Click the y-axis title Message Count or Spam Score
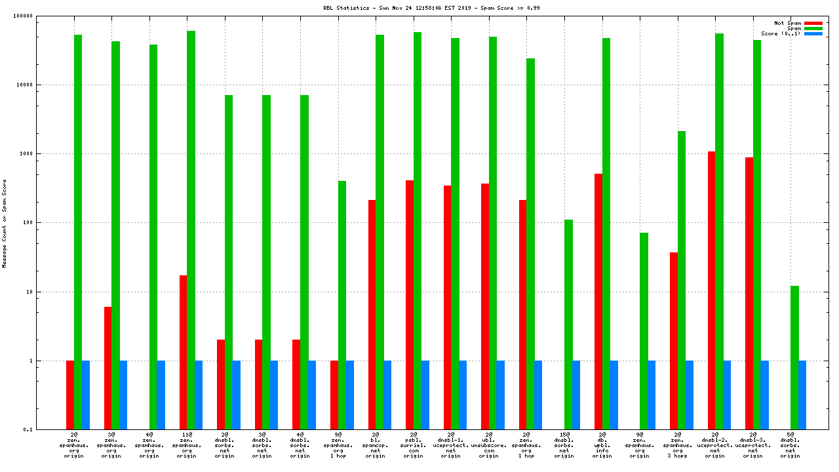[x=5, y=223]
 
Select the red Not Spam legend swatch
[x=813, y=23]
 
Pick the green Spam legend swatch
[x=813, y=28]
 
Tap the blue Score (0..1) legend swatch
[x=813, y=33]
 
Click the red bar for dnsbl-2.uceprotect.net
[x=711, y=290]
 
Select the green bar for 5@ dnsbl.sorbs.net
[x=794, y=357]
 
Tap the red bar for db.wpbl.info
[x=598, y=302]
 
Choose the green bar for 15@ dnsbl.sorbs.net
[x=568, y=324]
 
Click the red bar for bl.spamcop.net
[x=372, y=315]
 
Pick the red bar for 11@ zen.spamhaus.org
[x=183, y=352]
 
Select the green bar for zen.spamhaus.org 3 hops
[x=682, y=280]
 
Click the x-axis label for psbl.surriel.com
[x=413, y=444]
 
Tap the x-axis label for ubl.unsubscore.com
[x=489, y=444]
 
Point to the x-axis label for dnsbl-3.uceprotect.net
[x=752, y=444]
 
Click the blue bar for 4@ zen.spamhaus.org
[x=161, y=395]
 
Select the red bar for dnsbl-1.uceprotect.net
[x=447, y=307]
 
